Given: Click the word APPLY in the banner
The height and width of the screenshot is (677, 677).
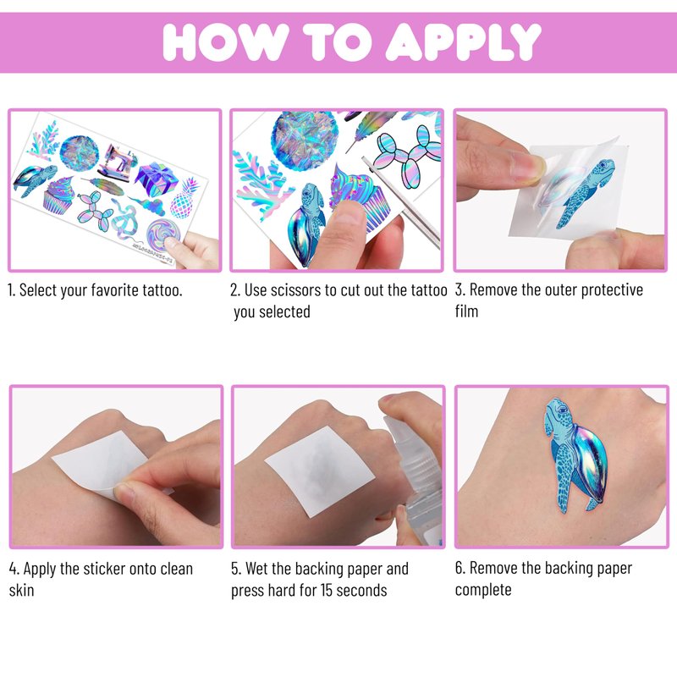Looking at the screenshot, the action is click(463, 41).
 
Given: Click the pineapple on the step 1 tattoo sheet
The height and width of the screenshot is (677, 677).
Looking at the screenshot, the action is click(184, 199).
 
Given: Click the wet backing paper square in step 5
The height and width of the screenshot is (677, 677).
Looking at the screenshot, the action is click(320, 471).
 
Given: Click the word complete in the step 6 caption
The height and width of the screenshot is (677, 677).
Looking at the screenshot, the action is click(483, 590).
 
